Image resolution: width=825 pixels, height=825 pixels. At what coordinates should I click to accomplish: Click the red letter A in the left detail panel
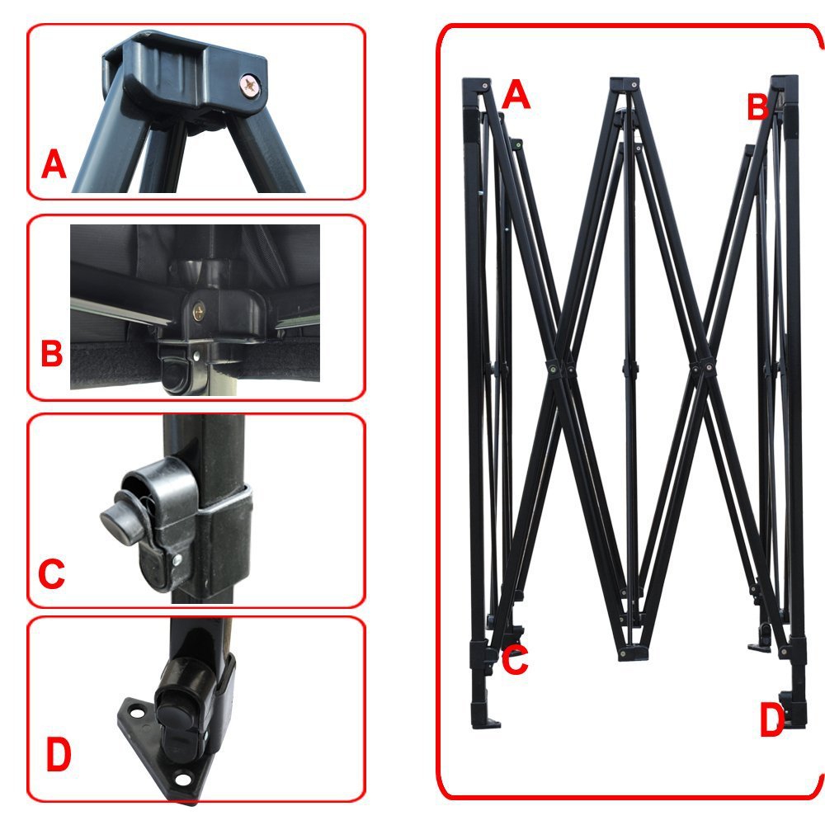click(x=54, y=164)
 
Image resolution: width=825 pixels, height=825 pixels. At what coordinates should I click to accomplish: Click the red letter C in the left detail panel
click(x=51, y=573)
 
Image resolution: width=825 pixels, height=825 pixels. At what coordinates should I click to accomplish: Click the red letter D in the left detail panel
click(x=59, y=754)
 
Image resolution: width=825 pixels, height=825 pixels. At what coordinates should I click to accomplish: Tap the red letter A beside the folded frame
click(x=516, y=95)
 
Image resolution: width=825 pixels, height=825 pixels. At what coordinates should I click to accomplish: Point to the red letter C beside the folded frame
click(x=515, y=660)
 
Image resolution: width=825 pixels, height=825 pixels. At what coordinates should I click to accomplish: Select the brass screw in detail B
click(x=199, y=313)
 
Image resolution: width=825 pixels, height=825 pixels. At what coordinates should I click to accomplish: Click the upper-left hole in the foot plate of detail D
click(x=137, y=714)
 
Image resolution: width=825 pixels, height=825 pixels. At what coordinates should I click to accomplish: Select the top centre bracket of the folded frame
click(x=625, y=84)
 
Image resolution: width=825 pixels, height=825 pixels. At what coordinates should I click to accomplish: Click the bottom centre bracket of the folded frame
click(x=632, y=653)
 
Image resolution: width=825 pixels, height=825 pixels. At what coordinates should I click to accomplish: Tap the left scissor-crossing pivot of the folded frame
click(x=553, y=368)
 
